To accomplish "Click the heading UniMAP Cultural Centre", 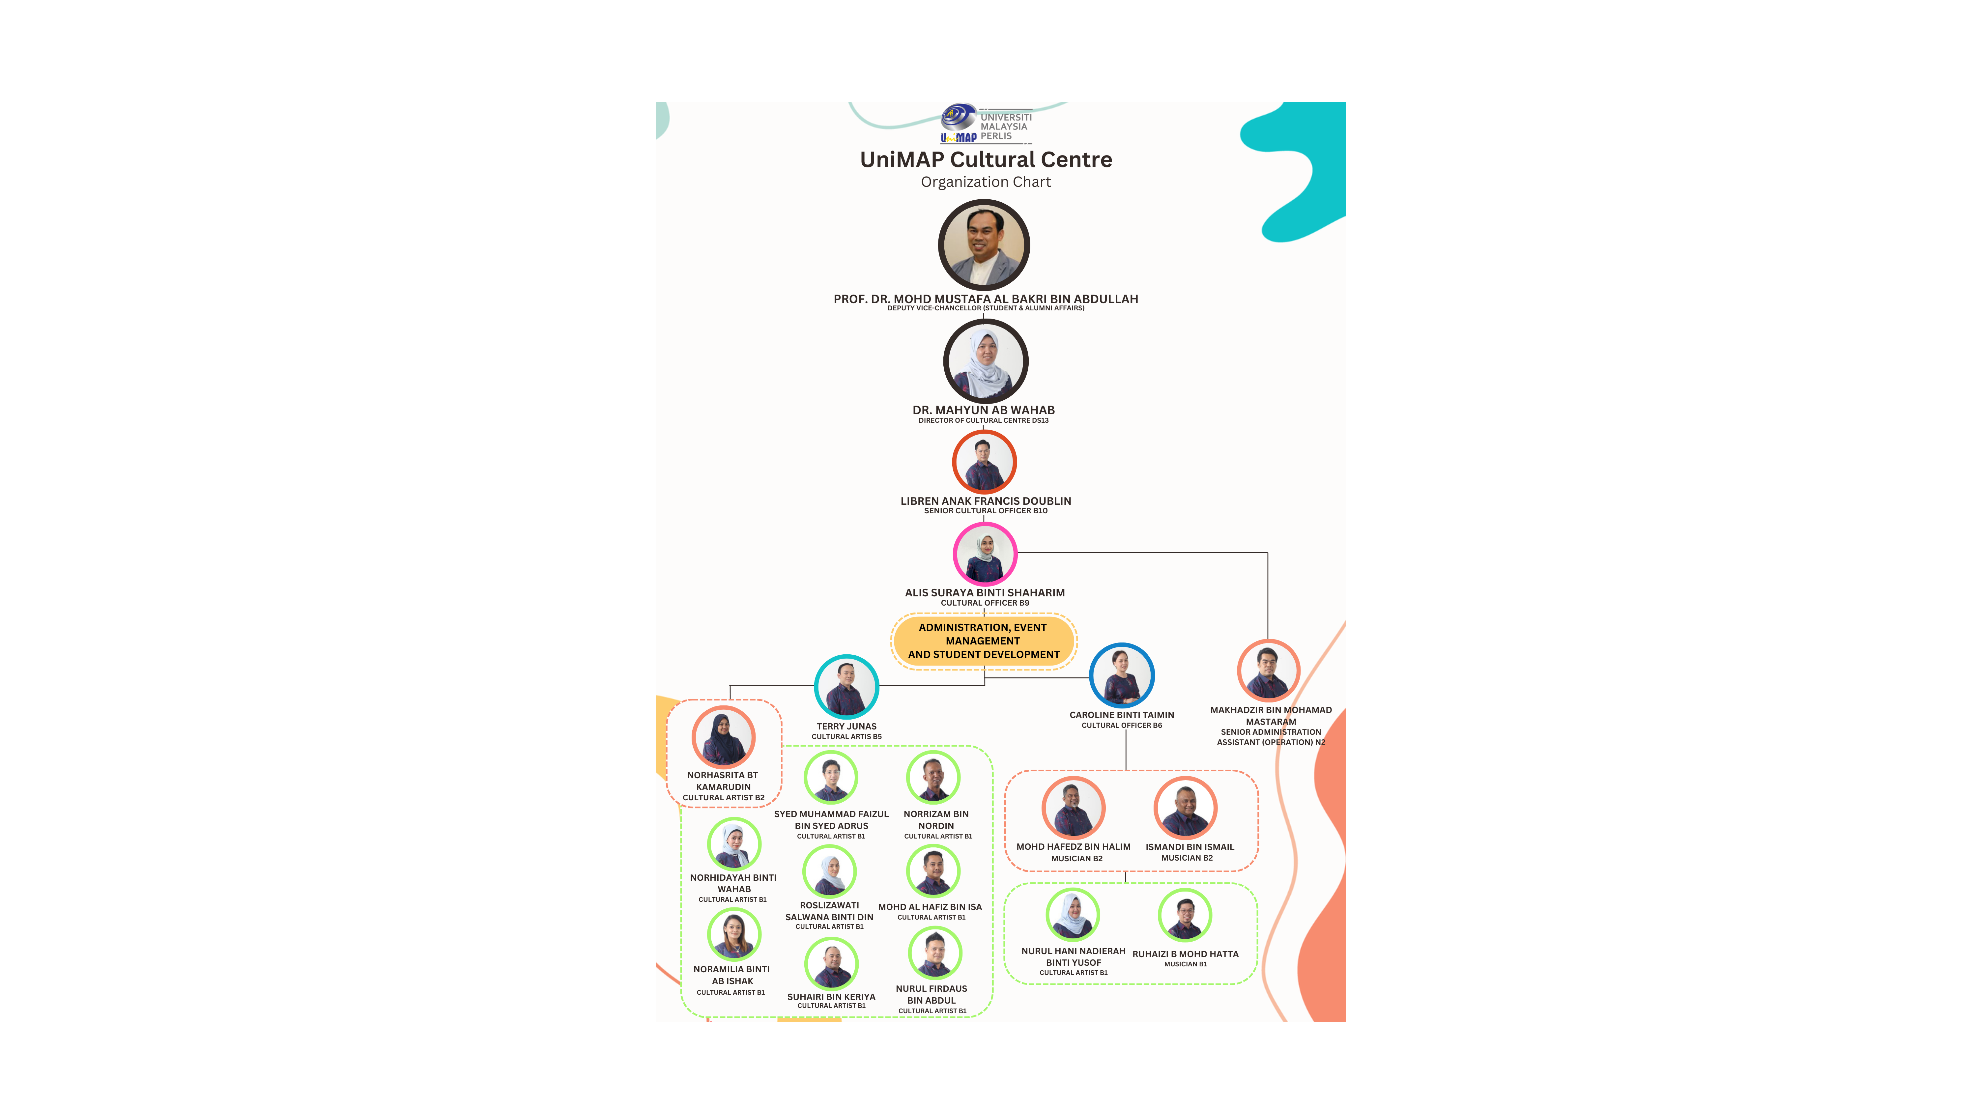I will click(986, 159).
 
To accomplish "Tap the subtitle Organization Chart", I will click(986, 182).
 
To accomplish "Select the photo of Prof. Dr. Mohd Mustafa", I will click(984, 245).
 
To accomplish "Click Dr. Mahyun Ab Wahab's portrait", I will click(986, 361).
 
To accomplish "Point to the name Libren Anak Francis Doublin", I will click(986, 501).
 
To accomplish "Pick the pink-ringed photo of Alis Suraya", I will click(985, 554).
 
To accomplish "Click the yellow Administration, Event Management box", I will click(984, 641).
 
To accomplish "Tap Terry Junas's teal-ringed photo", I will click(846, 686).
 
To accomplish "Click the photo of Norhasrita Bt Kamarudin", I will click(723, 737).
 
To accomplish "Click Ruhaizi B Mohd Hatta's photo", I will click(1185, 916).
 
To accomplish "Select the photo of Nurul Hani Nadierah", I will click(1073, 914).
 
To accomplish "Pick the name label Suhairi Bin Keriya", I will click(831, 997).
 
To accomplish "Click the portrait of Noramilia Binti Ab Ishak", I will click(734, 934).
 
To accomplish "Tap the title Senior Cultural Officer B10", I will click(986, 511).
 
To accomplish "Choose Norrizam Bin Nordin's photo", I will click(933, 777).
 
